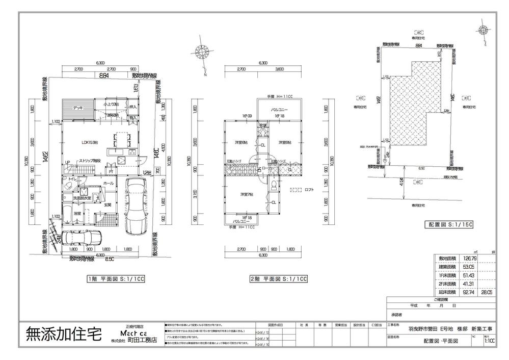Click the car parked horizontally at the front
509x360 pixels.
pos(82,238)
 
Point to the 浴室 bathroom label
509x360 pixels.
pos(77,214)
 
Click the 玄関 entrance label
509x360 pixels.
pos(108,205)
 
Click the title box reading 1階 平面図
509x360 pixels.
pos(117,279)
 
